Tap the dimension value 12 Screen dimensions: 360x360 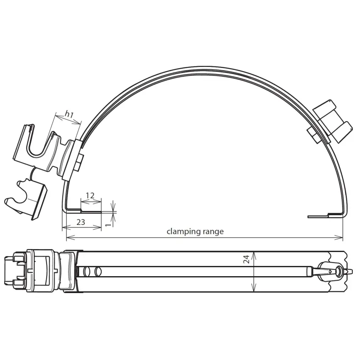coord(90,196)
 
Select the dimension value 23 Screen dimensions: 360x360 coord(80,222)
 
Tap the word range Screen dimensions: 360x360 coord(213,232)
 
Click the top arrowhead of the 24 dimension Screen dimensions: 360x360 coord(253,254)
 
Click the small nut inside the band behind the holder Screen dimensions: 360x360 coord(80,162)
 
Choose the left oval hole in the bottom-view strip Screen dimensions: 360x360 coord(88,271)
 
